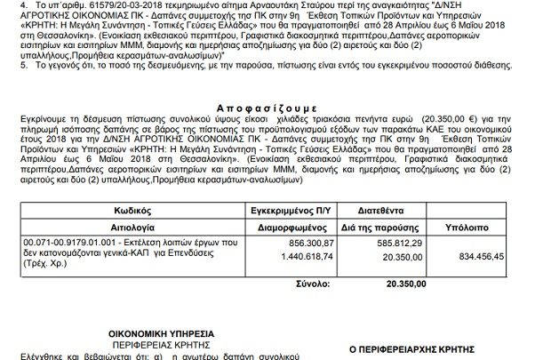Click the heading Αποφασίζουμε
coord(276,105)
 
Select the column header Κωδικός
coord(135,213)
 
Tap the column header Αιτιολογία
coord(135,227)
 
